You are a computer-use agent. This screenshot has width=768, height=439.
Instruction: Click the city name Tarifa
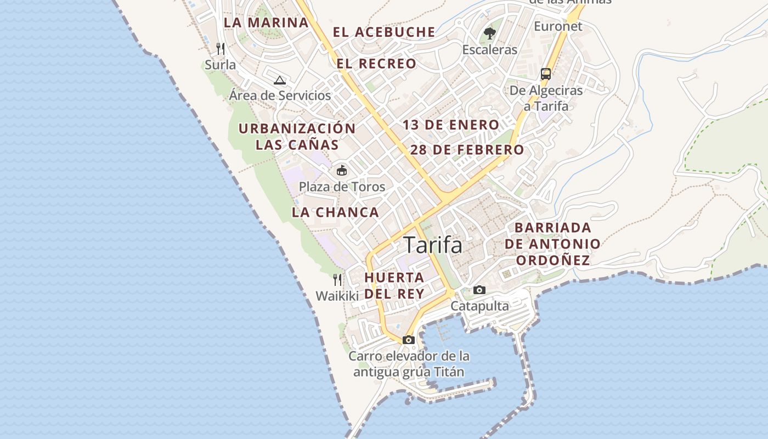coord(433,245)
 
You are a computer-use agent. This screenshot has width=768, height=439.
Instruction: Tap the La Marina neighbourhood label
coord(266,22)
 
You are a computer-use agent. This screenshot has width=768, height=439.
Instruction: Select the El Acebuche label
coord(384,32)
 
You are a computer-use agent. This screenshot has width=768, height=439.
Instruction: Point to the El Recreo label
coord(376,64)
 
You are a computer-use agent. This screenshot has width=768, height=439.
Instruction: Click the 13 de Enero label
coord(451,125)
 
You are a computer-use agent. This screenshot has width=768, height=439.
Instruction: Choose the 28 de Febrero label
coord(467,150)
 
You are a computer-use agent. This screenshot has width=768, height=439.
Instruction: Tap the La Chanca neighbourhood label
coord(335,212)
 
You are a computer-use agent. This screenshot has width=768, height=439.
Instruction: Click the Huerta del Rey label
coord(394,285)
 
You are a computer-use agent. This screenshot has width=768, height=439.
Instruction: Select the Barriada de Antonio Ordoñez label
coord(552,244)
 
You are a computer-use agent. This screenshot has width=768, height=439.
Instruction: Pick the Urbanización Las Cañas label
coord(297,137)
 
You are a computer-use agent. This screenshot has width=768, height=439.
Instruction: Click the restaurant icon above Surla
coord(221,49)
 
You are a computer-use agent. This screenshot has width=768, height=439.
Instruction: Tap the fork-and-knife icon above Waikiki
coord(337,280)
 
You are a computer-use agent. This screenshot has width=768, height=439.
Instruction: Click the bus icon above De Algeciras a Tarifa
coord(546,74)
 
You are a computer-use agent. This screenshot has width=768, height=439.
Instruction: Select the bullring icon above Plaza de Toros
coord(342,170)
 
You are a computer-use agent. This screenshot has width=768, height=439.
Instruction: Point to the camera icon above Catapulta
coord(479,290)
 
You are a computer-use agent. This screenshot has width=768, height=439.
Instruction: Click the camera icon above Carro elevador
coord(408,340)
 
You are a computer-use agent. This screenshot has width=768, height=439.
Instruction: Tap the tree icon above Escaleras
coord(490,33)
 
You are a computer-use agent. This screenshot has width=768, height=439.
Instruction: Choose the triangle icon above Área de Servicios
coord(280,80)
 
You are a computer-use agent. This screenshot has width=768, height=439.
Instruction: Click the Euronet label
coord(558,26)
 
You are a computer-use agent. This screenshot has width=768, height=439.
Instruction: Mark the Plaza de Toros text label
coord(342,187)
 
